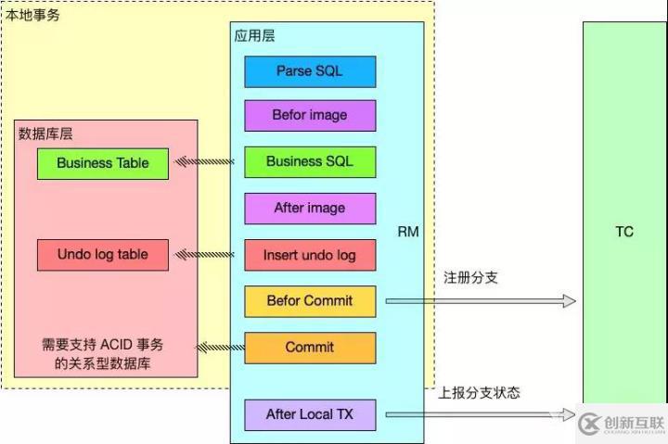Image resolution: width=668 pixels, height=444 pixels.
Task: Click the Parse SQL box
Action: point(310,71)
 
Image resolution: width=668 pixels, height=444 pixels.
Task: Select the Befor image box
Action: point(310,116)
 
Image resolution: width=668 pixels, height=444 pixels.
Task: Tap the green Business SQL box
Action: point(310,161)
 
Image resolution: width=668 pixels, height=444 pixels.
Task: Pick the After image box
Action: point(310,209)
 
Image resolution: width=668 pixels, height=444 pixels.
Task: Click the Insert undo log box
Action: point(310,255)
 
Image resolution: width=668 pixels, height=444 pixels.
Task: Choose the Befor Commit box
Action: point(310,301)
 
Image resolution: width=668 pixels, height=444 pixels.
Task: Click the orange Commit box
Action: point(310,348)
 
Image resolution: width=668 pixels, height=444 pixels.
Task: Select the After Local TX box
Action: point(310,414)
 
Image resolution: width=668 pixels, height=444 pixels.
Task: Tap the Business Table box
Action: point(103,163)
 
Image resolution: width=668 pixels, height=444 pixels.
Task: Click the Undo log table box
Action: point(103,255)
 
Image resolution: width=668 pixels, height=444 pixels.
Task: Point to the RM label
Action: point(408,232)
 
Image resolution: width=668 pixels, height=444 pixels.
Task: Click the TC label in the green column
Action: point(624,232)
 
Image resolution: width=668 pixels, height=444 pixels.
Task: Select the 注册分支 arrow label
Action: point(470,277)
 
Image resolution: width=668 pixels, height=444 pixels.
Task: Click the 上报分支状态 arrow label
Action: point(479,392)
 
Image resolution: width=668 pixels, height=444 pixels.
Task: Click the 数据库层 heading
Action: point(45,133)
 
